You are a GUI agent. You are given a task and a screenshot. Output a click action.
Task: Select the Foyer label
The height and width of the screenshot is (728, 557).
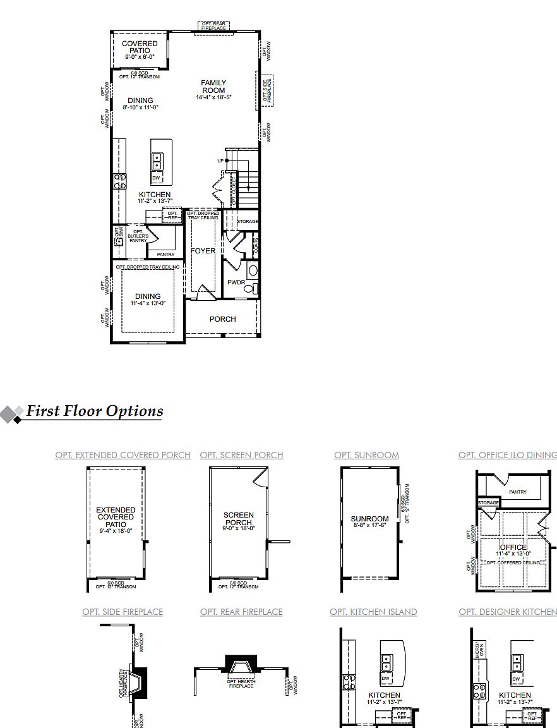(203, 251)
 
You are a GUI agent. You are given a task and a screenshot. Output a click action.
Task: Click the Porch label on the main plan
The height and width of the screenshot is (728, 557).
(222, 319)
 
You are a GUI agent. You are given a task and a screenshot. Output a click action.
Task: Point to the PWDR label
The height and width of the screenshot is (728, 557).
(236, 282)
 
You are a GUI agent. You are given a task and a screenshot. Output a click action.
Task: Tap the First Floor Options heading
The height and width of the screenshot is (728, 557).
(94, 411)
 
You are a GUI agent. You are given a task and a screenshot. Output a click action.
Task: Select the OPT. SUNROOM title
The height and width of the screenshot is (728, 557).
(366, 455)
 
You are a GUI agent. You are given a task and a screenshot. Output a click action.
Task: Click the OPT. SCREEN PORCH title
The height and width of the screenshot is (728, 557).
(241, 455)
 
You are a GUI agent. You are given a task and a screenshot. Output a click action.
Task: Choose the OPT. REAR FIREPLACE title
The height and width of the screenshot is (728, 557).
(241, 612)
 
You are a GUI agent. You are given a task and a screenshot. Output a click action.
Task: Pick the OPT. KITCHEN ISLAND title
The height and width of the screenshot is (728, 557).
(373, 612)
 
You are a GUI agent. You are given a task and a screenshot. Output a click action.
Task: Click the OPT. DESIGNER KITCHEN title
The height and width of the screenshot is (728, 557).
(508, 612)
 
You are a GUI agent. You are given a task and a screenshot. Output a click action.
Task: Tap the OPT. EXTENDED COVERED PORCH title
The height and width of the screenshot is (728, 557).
(123, 455)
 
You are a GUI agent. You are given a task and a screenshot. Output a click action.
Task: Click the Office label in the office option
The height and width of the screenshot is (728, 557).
(513, 547)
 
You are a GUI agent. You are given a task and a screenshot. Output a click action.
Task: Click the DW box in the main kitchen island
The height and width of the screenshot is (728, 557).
(157, 178)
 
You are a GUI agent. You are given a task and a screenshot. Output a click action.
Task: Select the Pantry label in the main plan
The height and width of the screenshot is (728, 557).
(165, 254)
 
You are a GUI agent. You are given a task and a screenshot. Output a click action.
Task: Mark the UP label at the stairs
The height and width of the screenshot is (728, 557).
(220, 161)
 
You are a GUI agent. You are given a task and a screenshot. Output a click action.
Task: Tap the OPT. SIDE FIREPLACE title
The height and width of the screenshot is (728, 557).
(123, 612)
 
